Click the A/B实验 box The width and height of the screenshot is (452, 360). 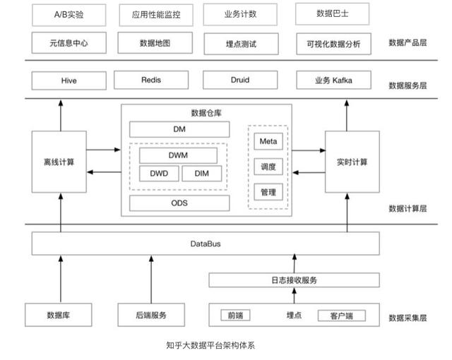pos(69,14)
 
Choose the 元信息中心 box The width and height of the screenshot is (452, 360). pos(69,43)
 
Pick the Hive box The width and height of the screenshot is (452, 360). pos(69,80)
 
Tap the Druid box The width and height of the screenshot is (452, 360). pos(240,80)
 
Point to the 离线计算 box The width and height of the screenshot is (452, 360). pos(59,162)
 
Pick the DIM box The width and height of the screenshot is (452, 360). pos(201,174)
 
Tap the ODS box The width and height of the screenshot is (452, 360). pos(179,203)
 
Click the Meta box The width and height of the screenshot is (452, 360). pos(268,141)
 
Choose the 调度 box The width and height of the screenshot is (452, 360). pos(268,167)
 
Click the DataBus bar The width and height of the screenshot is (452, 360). pos(201,244)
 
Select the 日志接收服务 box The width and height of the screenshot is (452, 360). pos(293,280)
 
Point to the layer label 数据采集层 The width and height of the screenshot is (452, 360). pos(408,318)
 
